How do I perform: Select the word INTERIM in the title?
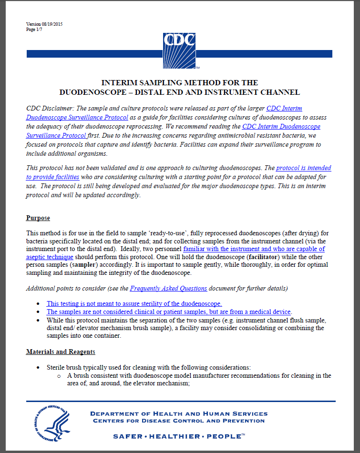tap(120, 83)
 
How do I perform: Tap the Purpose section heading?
tap(38, 218)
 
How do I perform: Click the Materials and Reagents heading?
tap(61, 352)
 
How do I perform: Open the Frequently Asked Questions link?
tap(168, 288)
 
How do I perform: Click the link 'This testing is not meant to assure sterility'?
tap(134, 303)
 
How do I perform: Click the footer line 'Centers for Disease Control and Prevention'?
tap(178, 421)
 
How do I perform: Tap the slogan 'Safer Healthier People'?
tap(179, 436)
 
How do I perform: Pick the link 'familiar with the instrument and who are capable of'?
tap(254, 249)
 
